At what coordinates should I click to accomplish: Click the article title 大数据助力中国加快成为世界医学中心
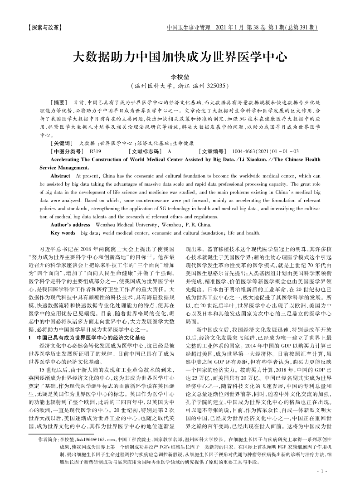[180, 58]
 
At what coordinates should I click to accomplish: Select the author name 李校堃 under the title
[180, 77]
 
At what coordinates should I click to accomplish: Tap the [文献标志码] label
[145, 151]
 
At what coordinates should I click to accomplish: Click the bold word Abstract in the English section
[60, 175]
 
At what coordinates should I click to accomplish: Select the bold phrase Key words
[63, 233]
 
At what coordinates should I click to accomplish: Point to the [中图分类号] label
[67, 151]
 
